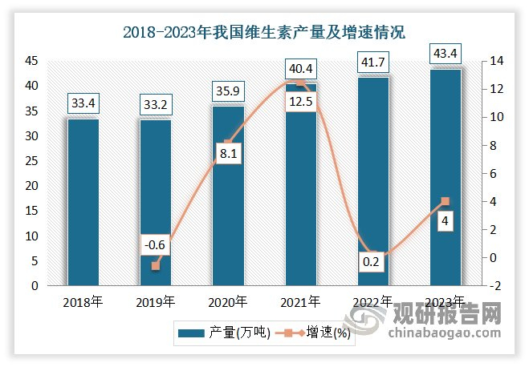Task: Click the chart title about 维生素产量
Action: point(264,33)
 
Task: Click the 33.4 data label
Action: point(83,103)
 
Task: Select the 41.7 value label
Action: point(373,60)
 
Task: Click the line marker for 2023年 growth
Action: point(446,202)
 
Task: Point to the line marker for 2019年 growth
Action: point(156,265)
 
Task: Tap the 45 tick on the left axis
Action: point(31,61)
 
